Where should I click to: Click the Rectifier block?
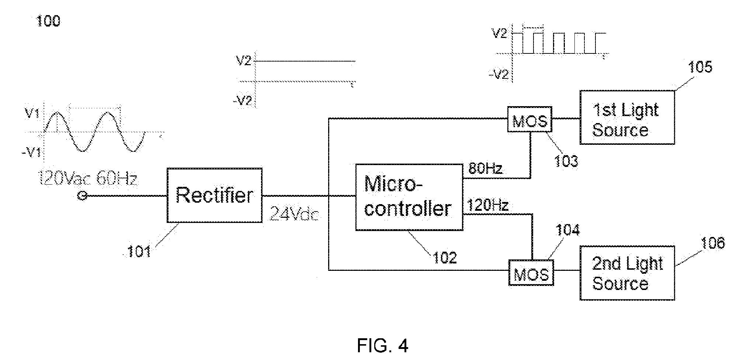pyautogui.click(x=215, y=195)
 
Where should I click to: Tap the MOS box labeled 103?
pyautogui.click(x=530, y=119)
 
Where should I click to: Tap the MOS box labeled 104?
pyautogui.click(x=531, y=273)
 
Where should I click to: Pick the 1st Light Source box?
pyautogui.click(x=628, y=117)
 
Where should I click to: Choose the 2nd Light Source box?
pyautogui.click(x=628, y=273)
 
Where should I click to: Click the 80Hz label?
pyautogui.click(x=485, y=169)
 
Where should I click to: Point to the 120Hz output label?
pyautogui.click(x=488, y=205)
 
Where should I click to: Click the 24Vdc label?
pyautogui.click(x=294, y=214)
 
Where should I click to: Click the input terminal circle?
pyautogui.click(x=82, y=196)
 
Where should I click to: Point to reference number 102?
pyautogui.click(x=445, y=257)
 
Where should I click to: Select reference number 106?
pyautogui.click(x=712, y=243)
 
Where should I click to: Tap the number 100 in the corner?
pyautogui.click(x=48, y=21)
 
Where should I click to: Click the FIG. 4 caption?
pyautogui.click(x=383, y=346)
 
